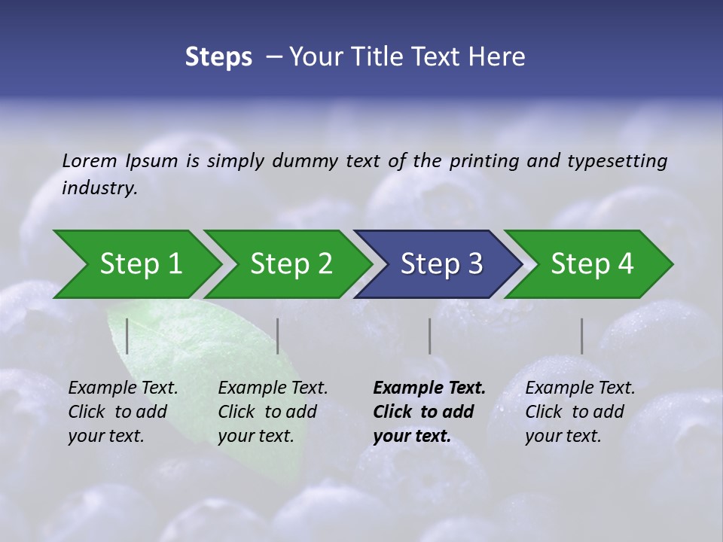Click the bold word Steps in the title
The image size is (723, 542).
coord(218,57)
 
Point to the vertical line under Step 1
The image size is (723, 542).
coord(127,336)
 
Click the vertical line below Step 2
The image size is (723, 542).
coord(278,336)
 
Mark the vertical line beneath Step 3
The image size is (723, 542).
coord(429,336)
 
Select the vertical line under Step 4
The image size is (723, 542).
coord(581,336)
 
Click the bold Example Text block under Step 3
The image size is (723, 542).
coord(429,412)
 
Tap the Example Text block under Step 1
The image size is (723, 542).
coord(123,412)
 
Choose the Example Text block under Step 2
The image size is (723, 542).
coord(273,412)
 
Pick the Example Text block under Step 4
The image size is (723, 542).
coord(580,412)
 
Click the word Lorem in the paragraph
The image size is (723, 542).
coord(90,161)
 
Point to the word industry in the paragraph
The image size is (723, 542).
coord(99,188)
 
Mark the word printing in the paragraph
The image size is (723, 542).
coord(480,161)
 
